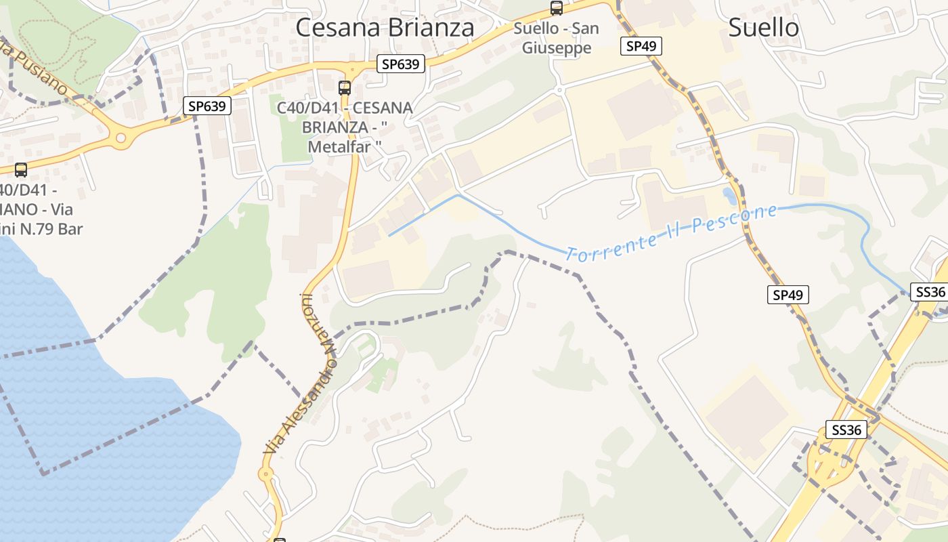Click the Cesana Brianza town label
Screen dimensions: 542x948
click(385, 28)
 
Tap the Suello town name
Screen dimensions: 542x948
click(763, 27)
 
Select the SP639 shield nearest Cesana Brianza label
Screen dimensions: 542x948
click(401, 64)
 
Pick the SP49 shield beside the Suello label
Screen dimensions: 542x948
click(641, 46)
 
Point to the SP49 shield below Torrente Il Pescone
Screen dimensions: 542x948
click(788, 295)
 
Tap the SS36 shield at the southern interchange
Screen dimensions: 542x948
click(846, 430)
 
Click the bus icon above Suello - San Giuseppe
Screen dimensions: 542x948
click(557, 8)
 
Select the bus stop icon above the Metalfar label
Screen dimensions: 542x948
click(345, 87)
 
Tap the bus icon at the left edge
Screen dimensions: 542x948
click(21, 169)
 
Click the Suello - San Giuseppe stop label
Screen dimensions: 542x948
click(557, 38)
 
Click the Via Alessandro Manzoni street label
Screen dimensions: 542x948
click(300, 373)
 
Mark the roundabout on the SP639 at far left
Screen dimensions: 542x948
click(121, 140)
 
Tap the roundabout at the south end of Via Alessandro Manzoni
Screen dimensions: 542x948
click(266, 474)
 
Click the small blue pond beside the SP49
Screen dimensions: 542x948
click(729, 196)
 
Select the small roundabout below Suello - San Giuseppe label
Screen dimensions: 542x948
click(559, 89)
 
